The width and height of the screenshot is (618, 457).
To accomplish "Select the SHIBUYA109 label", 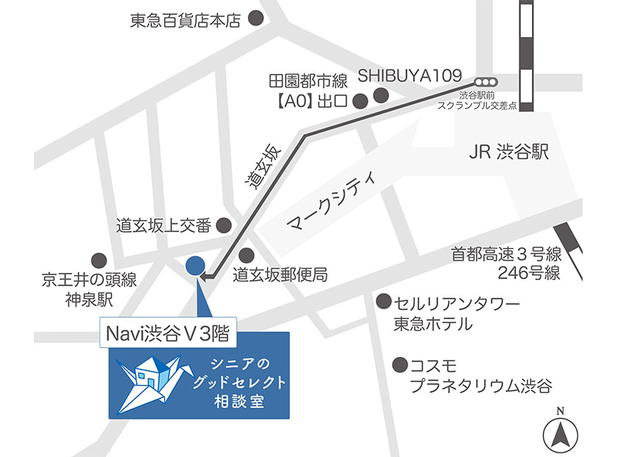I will (x=409, y=76).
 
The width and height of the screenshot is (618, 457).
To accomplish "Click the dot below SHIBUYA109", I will (x=381, y=96).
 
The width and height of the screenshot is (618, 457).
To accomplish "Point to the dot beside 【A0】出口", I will (x=360, y=101).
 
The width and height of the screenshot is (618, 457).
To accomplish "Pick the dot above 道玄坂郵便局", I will (x=246, y=255).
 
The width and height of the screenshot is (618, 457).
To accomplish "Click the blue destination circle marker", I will (x=195, y=264).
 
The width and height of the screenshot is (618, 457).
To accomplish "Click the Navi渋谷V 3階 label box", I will (x=168, y=334).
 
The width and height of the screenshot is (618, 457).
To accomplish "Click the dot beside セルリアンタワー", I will (x=383, y=302).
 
